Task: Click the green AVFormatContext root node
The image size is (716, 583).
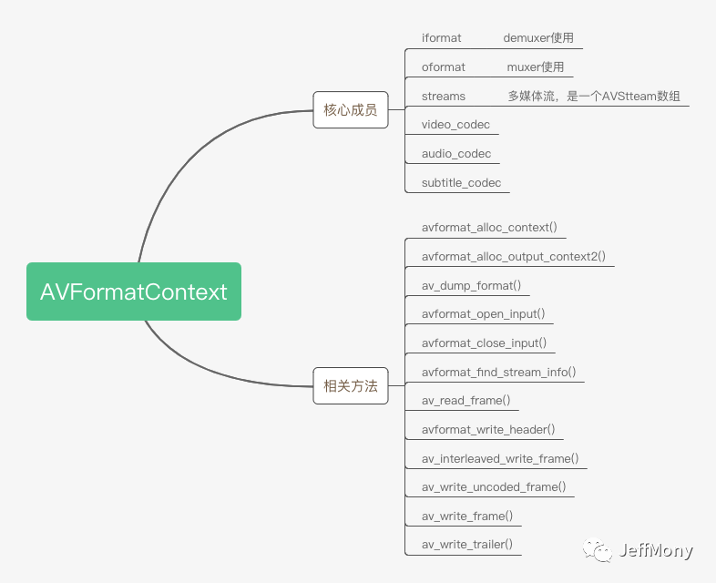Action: point(134,291)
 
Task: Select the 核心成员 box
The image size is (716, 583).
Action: point(351,110)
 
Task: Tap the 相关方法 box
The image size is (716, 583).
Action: point(351,385)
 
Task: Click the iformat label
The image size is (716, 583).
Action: point(442,38)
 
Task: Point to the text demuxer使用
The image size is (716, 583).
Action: point(538,38)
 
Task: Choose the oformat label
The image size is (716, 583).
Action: point(444,67)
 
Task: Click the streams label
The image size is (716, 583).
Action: point(444,97)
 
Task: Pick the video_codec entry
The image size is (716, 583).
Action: point(455,125)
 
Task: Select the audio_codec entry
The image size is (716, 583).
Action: point(456,154)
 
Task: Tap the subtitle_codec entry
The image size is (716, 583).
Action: point(461,183)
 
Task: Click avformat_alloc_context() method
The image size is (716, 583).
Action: point(489,228)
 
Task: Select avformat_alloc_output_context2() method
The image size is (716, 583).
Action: point(514,257)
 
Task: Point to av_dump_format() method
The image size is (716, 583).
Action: point(471,285)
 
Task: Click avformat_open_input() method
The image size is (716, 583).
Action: point(484,314)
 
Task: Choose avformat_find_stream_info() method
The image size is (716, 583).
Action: point(498,373)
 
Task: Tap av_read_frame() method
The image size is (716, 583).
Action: point(465,401)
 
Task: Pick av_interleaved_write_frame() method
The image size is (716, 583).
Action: point(500,459)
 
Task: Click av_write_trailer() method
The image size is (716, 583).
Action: point(467,546)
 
